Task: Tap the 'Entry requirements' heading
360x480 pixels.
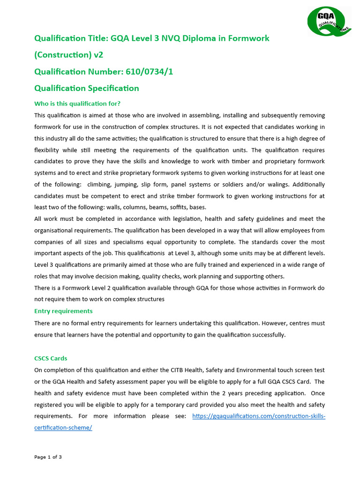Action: [63, 311]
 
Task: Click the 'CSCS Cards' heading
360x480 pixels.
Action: [51, 358]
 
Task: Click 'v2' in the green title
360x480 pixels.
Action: [98, 55]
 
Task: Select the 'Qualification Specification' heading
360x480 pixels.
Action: [87, 88]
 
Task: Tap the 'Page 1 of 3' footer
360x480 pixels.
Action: [48, 457]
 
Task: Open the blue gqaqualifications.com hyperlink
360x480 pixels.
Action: [259, 416]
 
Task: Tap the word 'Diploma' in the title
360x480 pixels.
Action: [194, 38]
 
